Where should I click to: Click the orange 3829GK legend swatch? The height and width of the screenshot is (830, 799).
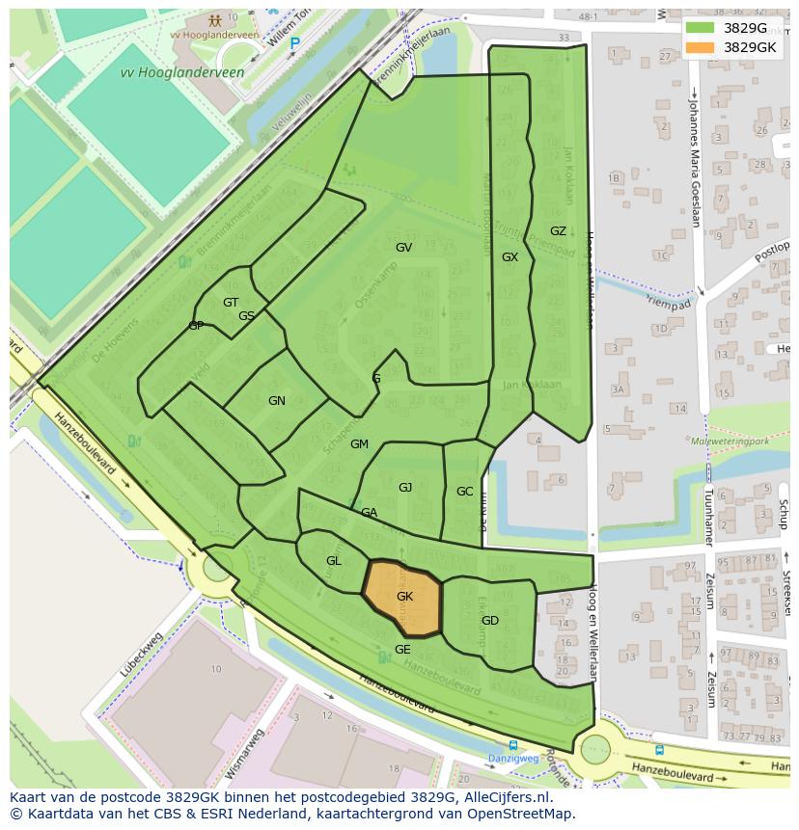701,47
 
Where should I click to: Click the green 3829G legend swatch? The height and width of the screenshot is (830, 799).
701,28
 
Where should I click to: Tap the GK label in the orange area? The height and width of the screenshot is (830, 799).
404,597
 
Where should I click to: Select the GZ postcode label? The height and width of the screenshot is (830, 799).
558,231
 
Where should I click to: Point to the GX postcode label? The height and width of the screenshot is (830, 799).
510,257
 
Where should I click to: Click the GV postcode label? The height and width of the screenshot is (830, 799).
403,248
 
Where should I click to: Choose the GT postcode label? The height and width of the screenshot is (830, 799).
231,303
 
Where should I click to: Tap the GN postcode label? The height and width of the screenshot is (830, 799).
277,401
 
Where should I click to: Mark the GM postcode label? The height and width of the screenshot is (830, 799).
359,444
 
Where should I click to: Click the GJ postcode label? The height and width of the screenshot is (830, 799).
405,488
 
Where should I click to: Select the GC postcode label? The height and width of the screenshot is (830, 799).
464,492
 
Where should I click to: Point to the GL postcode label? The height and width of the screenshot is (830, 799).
333,561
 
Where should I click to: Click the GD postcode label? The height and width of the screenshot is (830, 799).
489,621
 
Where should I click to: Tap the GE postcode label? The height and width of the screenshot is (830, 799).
402,650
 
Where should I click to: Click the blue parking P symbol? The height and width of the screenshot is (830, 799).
295,42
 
